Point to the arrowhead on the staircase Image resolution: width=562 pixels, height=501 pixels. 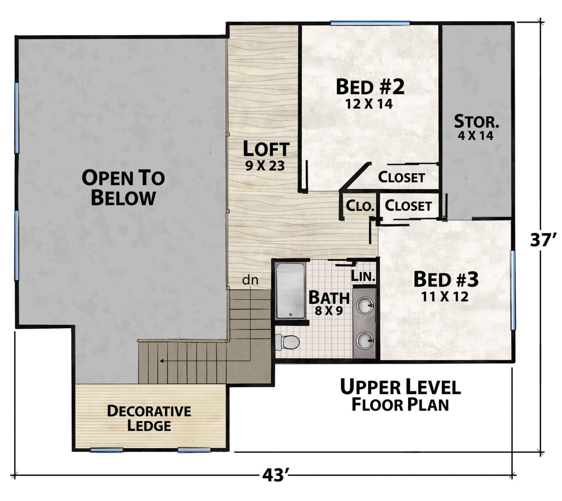(162, 361)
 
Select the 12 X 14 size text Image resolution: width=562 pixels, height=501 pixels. (369, 104)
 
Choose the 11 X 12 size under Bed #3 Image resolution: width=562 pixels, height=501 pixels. (445, 297)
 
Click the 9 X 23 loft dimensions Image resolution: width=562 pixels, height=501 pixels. (265, 166)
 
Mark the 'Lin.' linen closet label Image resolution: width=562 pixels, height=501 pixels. (363, 276)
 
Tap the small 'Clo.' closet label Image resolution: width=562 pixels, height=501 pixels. (360, 206)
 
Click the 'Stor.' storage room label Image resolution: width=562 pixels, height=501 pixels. (476, 122)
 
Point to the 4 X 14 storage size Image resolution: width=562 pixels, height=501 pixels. (475, 136)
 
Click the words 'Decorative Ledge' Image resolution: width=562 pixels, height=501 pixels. (149, 419)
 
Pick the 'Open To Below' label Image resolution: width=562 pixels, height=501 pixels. (123, 188)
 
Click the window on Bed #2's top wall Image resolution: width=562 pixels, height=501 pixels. (370, 23)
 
